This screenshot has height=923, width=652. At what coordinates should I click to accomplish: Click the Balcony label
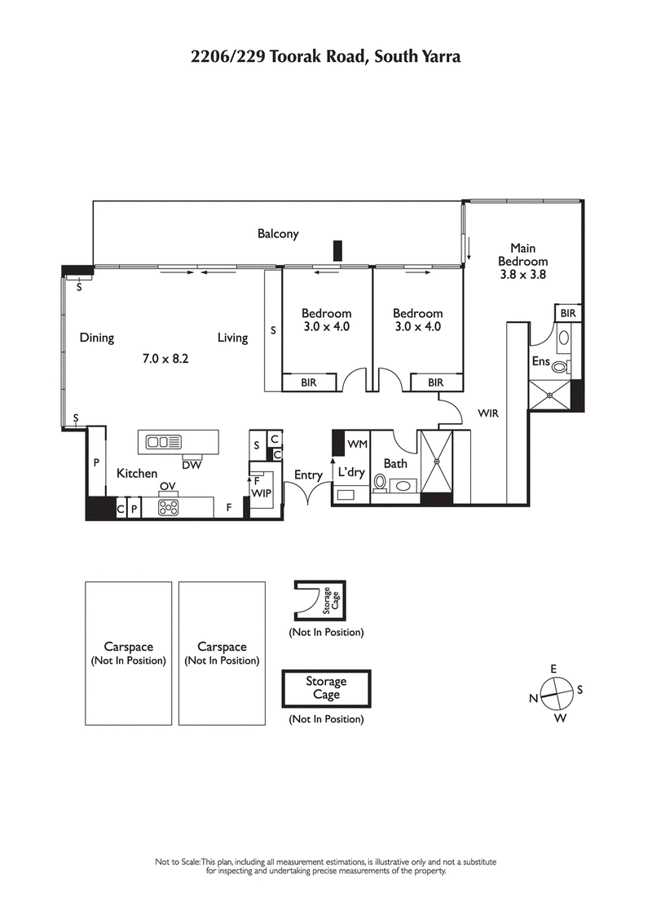278,234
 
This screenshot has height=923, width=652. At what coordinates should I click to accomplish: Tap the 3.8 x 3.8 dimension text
522,275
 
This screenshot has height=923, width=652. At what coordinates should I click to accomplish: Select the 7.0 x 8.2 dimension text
165,357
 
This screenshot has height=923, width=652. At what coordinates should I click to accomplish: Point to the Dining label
96,338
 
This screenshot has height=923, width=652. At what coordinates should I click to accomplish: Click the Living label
232,338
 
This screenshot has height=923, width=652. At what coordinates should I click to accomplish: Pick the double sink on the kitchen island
163,442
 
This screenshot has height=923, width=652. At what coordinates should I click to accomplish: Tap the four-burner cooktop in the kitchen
169,507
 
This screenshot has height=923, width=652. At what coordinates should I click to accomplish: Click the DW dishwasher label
192,466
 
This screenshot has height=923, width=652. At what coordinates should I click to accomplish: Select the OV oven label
168,487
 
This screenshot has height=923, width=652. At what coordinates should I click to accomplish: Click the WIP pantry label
261,493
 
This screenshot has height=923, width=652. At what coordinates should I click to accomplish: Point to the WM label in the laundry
357,444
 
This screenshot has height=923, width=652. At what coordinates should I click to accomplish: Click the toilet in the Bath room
379,483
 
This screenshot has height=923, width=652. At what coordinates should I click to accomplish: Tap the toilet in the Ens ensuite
562,338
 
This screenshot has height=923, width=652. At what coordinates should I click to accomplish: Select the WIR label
487,414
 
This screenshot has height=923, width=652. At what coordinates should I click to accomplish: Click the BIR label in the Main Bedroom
567,313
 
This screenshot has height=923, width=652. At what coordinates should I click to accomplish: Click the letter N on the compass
533,698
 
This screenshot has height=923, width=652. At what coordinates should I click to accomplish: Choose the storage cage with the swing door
319,602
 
